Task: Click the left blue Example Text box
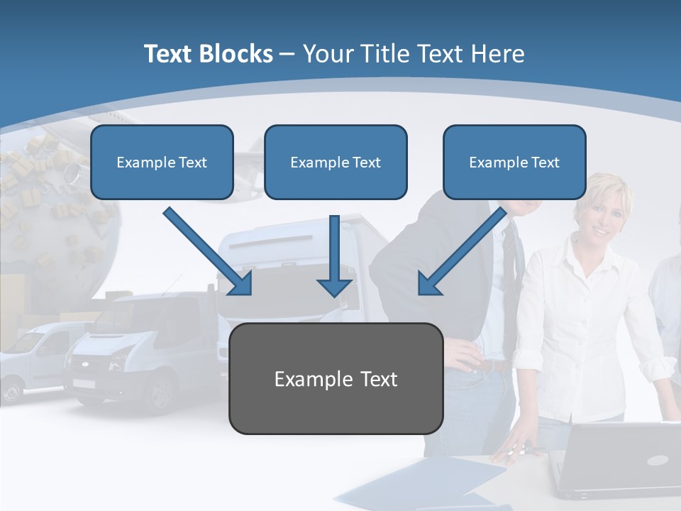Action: point(162,163)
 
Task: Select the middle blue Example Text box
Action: point(336,163)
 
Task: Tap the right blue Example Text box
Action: point(514,163)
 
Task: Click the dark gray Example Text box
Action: point(336,378)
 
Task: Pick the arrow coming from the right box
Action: point(463,251)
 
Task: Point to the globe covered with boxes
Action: point(50,213)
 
